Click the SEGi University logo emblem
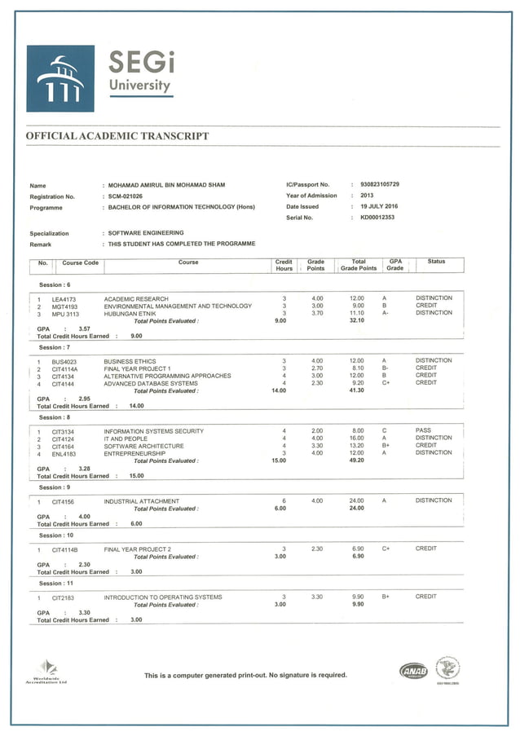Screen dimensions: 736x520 [x=59, y=78]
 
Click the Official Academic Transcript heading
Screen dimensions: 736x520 [x=117, y=136]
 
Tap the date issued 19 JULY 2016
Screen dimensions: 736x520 [x=379, y=206]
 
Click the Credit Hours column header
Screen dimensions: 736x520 [x=284, y=265]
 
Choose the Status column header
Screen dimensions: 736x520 [x=436, y=262]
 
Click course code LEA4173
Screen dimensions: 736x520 [x=64, y=299]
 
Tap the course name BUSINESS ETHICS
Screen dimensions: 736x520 [x=130, y=361]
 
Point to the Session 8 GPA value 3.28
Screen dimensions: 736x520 [x=84, y=469]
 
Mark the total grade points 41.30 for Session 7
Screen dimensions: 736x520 [x=357, y=391]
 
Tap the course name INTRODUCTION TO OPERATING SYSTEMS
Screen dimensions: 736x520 [x=162, y=597]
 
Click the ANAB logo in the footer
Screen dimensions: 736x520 [x=413, y=671]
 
